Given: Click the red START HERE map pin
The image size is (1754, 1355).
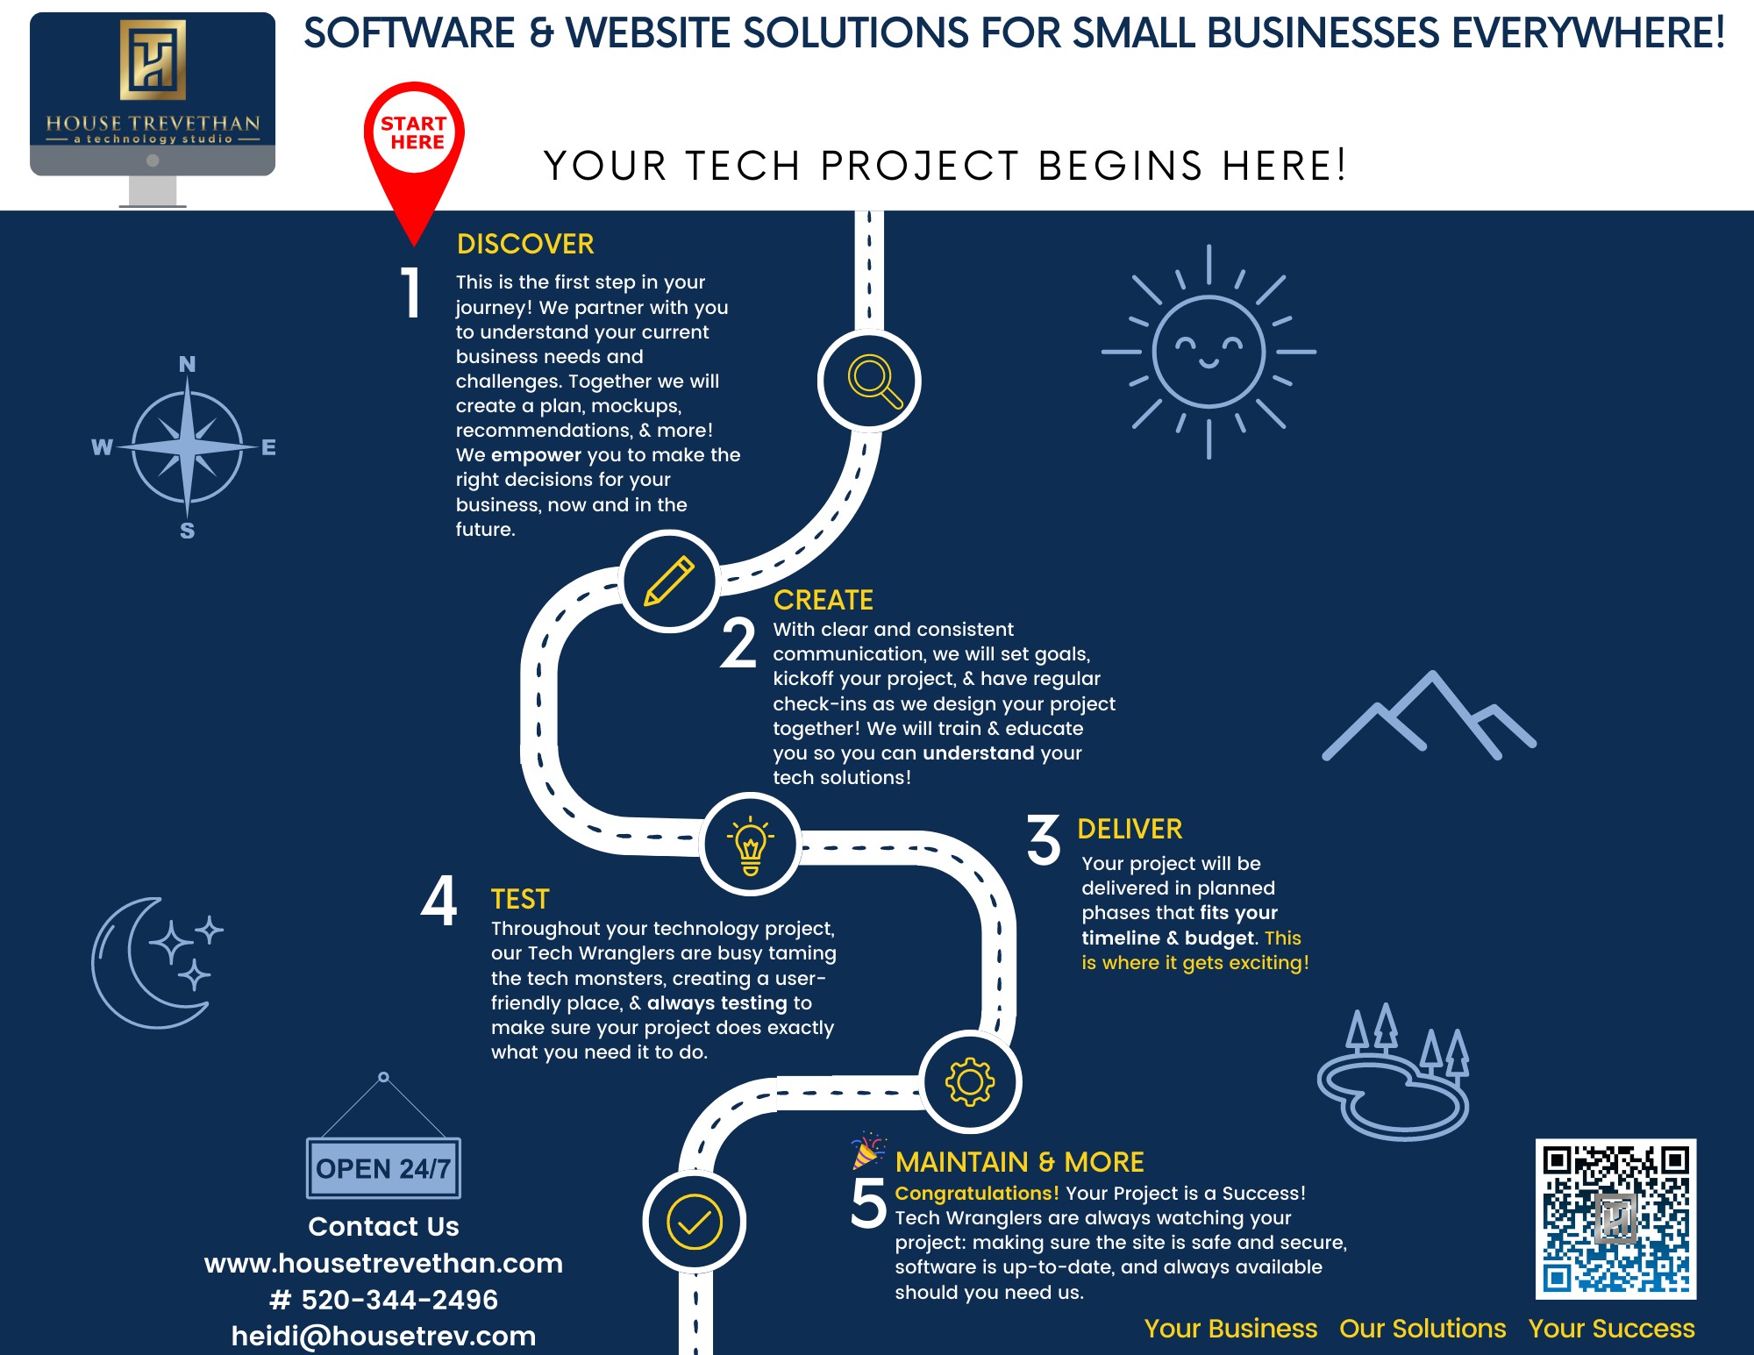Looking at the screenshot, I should pos(414,140).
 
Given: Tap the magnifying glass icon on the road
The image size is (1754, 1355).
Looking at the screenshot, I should pos(870,381).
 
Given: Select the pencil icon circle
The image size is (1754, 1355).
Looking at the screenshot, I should pos(669,581).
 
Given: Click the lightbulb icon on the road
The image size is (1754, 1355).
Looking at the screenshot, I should pos(751,844).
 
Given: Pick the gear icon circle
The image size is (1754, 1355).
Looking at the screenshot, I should pos(970,1081).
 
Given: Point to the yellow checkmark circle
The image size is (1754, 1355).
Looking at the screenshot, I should pos(695,1222).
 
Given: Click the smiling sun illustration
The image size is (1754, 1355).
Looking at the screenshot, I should pos(1209,352).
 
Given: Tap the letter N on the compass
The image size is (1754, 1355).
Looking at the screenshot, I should pos(187,364).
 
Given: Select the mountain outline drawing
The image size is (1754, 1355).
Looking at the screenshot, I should pos(1430,717).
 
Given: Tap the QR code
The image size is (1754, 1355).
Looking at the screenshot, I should pos(1615,1218).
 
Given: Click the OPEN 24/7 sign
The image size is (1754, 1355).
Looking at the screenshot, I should pos(383,1168).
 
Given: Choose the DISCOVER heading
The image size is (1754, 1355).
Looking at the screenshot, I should pos(525,244).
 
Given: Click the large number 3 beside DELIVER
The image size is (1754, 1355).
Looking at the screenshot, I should pos(1044,839).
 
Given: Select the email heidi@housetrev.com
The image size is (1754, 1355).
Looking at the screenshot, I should pos(383,1336).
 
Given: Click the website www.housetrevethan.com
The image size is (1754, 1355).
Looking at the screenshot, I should pos(383,1263).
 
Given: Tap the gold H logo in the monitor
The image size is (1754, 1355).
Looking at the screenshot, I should pos(153,60).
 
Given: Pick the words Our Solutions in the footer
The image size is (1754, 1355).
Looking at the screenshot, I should pos(1422,1329).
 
